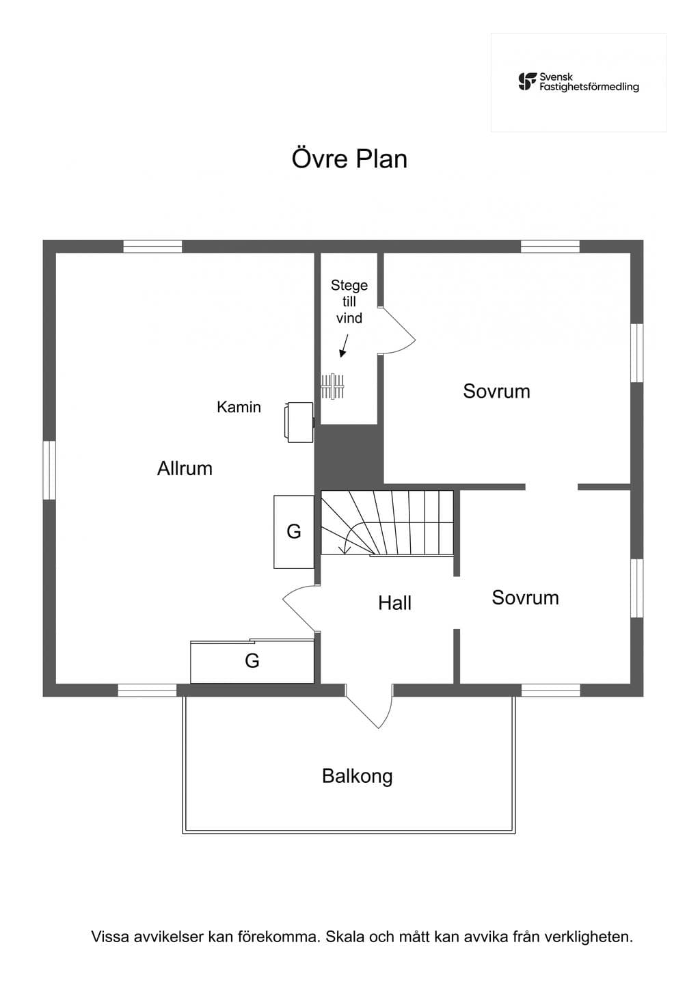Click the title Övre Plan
(349, 159)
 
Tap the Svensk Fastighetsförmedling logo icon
(528, 82)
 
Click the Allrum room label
(185, 468)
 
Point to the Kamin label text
(239, 407)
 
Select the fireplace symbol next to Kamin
(299, 422)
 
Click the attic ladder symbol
(333, 386)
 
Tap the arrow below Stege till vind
(344, 346)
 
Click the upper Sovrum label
(496, 392)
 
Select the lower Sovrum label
(525, 598)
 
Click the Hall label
(394, 603)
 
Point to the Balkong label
(357, 776)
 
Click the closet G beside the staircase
(294, 532)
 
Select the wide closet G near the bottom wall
(252, 661)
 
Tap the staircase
(387, 523)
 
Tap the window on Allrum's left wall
(49, 470)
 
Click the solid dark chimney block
(349, 457)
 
